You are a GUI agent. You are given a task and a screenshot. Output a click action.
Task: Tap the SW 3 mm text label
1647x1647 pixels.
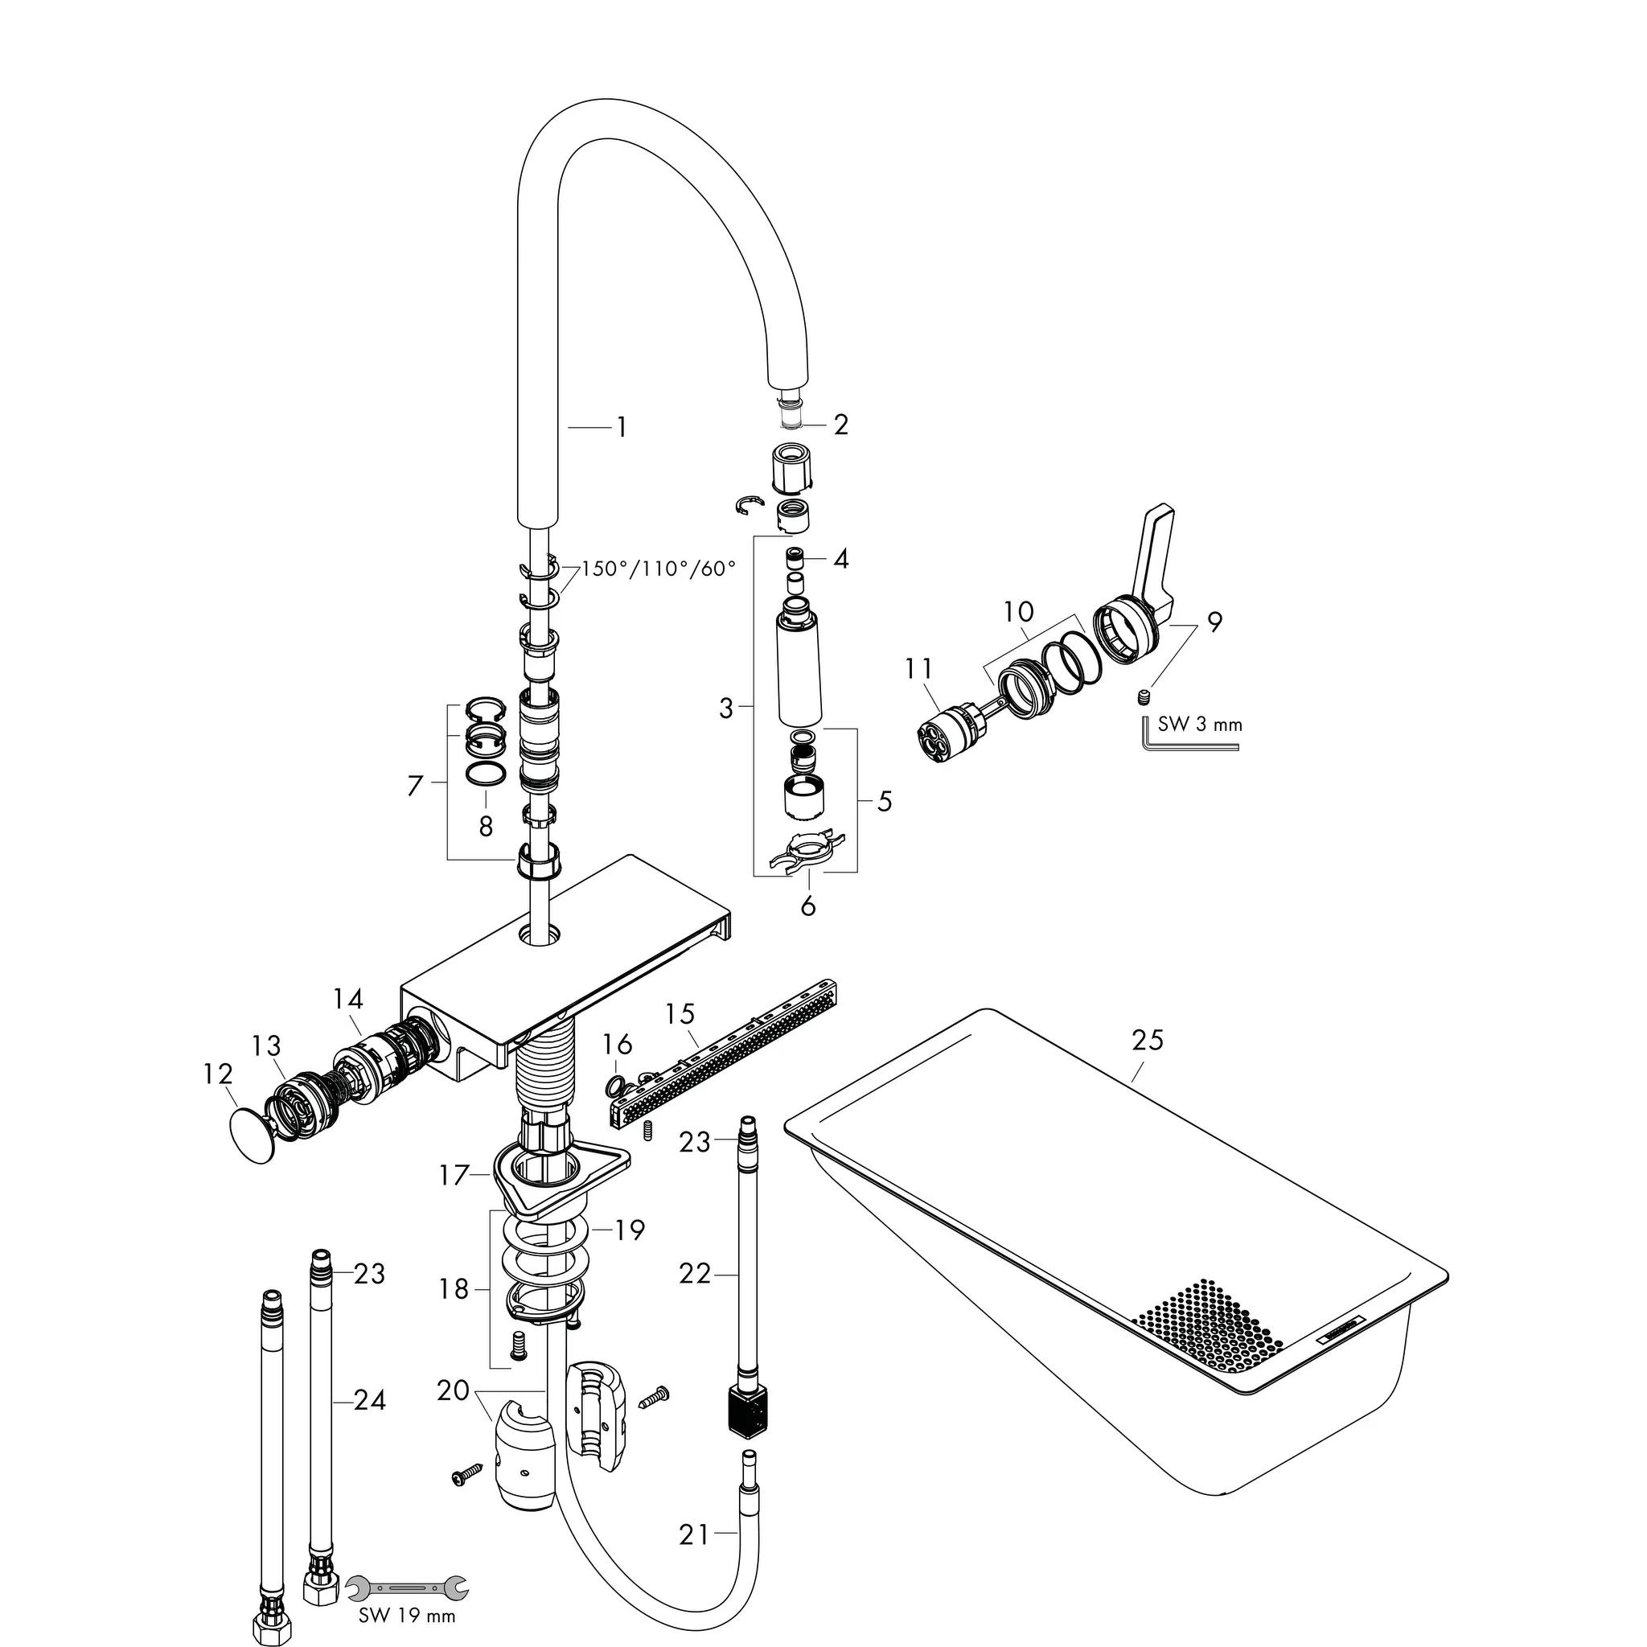(1199, 725)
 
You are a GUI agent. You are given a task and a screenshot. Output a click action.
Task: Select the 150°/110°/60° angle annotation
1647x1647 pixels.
(658, 569)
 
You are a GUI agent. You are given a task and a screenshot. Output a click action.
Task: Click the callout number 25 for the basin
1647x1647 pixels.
(1148, 1040)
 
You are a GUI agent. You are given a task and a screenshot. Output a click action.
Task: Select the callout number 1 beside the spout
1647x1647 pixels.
(622, 427)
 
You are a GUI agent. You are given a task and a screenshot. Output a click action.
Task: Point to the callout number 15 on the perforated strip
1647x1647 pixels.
(680, 1013)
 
